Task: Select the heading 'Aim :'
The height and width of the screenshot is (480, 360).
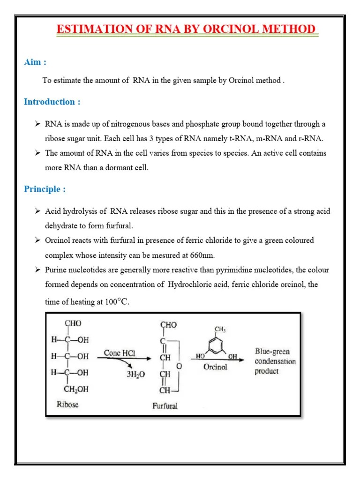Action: point(35,62)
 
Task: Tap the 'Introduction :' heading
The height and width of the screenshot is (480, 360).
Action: point(52,102)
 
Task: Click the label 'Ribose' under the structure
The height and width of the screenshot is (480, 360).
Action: point(67,404)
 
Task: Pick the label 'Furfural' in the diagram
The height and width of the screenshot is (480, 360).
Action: point(165,406)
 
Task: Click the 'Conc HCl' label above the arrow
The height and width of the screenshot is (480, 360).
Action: point(119,353)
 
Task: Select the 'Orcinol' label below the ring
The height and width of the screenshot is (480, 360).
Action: point(215,367)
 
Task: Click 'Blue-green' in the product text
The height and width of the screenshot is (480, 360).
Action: point(272,351)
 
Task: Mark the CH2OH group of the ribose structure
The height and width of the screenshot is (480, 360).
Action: point(76,388)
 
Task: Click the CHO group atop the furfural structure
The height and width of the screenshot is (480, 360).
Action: point(168,324)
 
